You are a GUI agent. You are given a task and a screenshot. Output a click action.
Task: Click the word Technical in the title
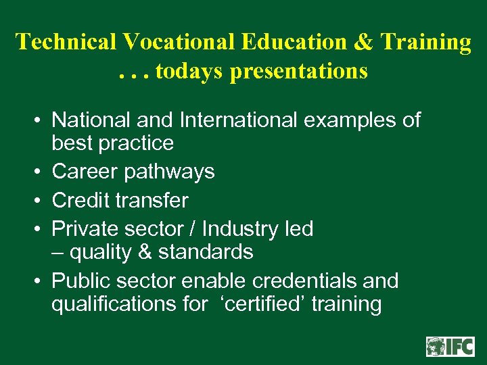[x=66, y=42]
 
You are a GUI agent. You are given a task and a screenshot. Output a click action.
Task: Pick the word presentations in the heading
[x=299, y=70]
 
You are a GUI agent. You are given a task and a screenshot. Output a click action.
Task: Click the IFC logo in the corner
[x=450, y=346]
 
